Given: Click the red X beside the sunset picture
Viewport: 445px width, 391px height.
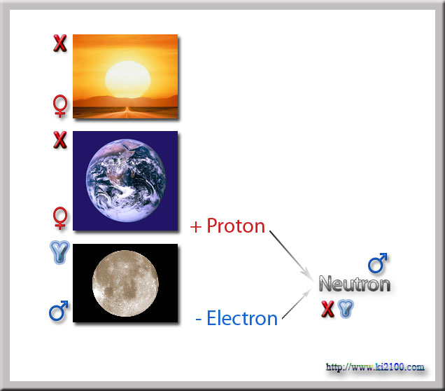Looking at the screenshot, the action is pos(60,43).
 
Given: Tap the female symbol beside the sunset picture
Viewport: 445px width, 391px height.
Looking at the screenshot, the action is pos(60,106).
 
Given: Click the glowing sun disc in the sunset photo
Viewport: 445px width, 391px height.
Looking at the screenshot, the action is pos(128,80).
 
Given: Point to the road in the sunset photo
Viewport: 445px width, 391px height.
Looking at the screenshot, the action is pos(125,113).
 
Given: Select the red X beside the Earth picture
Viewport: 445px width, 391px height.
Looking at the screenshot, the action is pos(60,140).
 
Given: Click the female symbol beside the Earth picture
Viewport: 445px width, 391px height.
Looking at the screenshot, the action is pos(60,218).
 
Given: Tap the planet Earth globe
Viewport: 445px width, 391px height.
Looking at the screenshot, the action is pos(126,181).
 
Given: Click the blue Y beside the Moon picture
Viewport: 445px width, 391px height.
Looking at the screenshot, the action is pos(59,252).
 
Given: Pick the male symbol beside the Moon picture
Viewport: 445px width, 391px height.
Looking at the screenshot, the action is pos(59,311).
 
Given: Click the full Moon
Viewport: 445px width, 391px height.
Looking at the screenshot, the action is pos(125,283).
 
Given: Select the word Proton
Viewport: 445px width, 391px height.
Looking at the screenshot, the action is pos(236,226).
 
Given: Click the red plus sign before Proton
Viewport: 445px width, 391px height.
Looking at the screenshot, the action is pos(196,227).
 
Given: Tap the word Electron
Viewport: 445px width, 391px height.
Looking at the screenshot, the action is pos(242,318).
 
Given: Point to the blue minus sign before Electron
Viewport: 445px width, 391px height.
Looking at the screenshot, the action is pos(199,320).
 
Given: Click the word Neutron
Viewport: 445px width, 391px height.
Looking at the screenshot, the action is pos(355,284).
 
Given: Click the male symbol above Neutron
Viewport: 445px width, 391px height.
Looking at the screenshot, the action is pos(377,263).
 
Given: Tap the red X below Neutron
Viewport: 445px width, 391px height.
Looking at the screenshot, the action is pos(327,309).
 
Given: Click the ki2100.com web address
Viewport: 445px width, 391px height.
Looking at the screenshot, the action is pos(375,367).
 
